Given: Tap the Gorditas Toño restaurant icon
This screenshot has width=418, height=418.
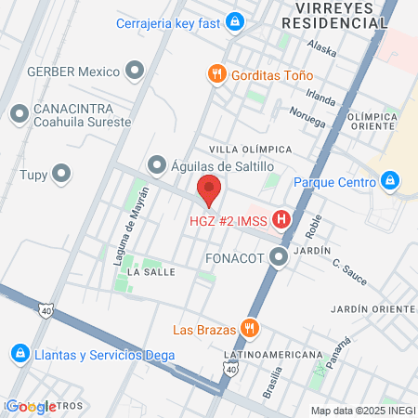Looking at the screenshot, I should coord(216,73).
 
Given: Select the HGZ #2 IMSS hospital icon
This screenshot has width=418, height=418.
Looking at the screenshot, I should coord(283,220).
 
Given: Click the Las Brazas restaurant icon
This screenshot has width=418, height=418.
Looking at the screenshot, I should coord(248,328).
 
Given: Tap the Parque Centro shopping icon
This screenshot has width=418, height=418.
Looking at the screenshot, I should coord(389,181).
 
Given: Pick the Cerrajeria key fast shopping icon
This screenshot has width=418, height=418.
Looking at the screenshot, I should coord(235,20).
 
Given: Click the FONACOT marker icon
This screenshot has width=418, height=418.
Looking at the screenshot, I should coord(278,259).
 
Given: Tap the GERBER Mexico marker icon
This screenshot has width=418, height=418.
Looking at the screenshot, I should coord(136,71).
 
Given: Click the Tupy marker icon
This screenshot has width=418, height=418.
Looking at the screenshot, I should coord(62,172).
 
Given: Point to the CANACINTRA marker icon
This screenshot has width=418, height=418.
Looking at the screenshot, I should coord(19,114).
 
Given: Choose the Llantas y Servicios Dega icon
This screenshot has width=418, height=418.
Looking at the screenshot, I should coord(20,354).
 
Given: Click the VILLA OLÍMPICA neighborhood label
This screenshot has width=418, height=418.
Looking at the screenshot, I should coord(250,149).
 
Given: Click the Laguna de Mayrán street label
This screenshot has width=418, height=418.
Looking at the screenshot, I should coord(124,237).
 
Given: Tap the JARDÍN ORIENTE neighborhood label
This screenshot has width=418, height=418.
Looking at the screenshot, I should coord(372,307).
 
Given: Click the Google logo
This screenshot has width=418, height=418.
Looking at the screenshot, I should coord(31,406).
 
